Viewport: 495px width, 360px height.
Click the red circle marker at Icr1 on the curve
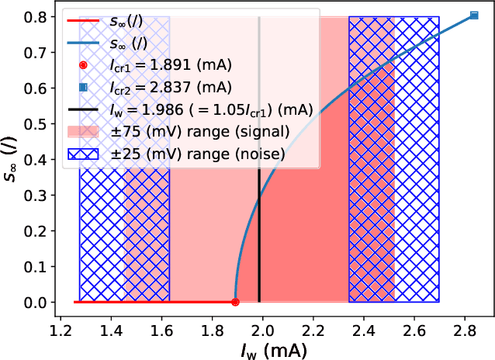click(x=235, y=302)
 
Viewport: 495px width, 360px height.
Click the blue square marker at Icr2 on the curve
click(x=474, y=16)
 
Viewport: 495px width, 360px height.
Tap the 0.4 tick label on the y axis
click(x=36, y=160)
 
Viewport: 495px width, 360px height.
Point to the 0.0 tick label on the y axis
click(x=36, y=303)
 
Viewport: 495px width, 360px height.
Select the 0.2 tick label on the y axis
click(x=36, y=231)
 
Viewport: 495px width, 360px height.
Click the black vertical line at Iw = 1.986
click(x=259, y=194)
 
